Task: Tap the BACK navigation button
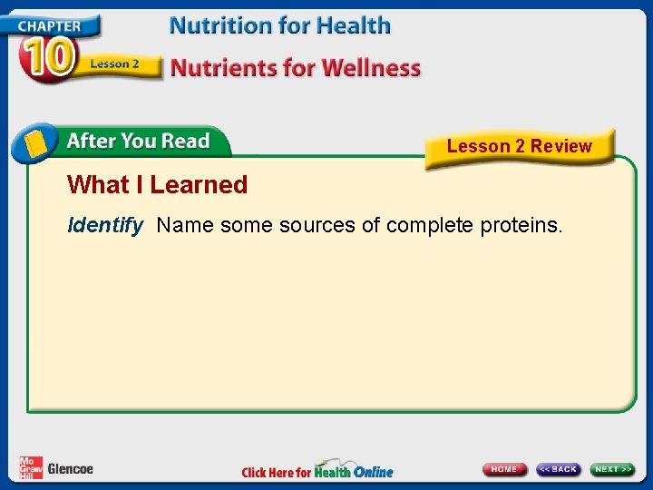click(558, 469)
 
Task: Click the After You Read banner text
click(138, 142)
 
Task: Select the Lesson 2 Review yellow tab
click(519, 146)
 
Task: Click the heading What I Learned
click(157, 185)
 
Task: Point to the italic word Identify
click(105, 225)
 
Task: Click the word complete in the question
click(429, 225)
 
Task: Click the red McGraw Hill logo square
click(31, 467)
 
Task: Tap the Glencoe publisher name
click(70, 469)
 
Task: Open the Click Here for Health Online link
click(317, 470)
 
